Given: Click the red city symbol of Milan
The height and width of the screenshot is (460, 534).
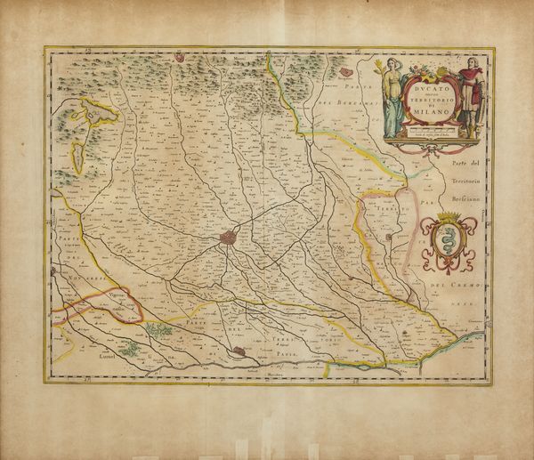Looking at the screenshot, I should click(229, 239).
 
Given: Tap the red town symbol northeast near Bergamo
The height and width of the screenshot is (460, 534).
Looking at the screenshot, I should click(344, 65).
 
